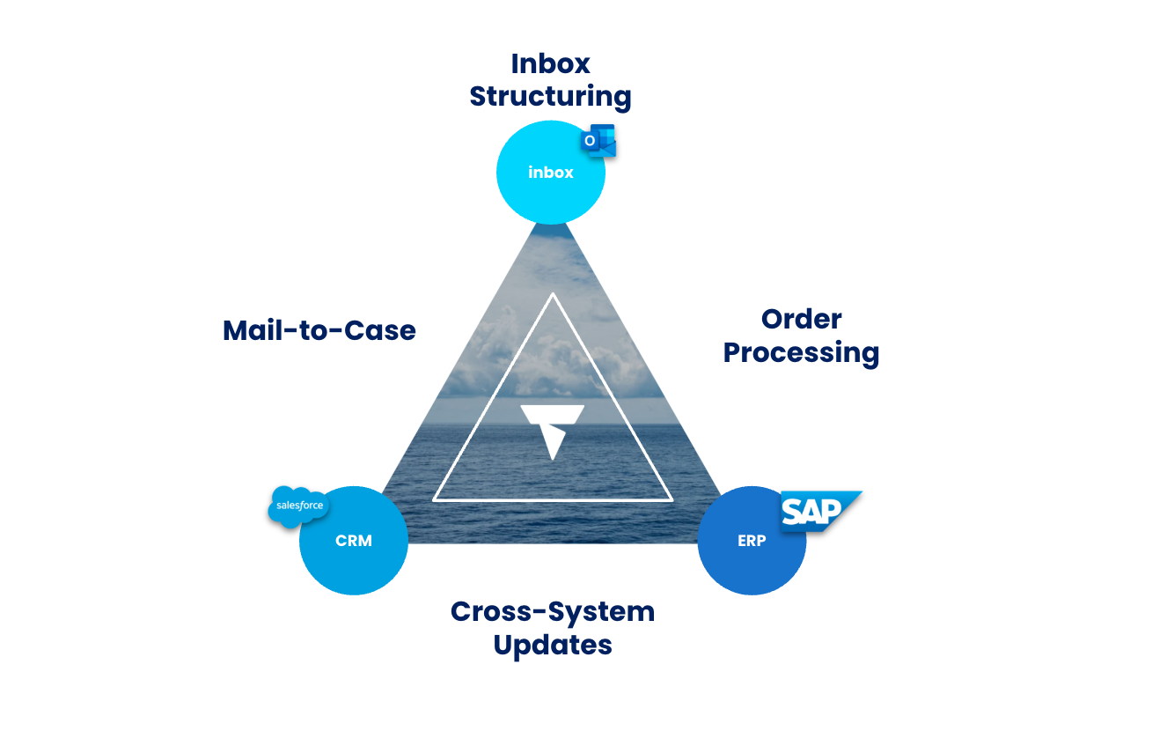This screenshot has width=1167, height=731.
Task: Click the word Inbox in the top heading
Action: pyautogui.click(x=551, y=63)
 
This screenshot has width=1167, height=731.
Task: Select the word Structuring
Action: pyautogui.click(x=551, y=96)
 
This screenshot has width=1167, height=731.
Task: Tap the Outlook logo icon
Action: pyautogui.click(x=598, y=141)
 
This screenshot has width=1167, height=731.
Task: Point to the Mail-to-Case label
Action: pyautogui.click(x=319, y=330)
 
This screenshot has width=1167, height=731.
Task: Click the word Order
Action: pyautogui.click(x=802, y=319)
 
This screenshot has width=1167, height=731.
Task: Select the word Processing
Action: pyautogui.click(x=802, y=352)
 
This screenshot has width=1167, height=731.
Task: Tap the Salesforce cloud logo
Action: pyautogui.click(x=299, y=506)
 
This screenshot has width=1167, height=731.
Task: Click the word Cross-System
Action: pyautogui.click(x=553, y=611)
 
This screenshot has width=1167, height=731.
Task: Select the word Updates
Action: pyautogui.click(x=553, y=645)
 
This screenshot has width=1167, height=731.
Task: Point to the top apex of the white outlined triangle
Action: pyautogui.click(x=553, y=294)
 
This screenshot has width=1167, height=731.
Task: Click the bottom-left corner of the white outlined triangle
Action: pyautogui.click(x=435, y=500)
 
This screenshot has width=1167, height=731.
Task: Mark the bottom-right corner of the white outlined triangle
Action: pyautogui.click(x=672, y=500)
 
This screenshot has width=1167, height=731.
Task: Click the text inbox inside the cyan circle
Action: pyautogui.click(x=551, y=173)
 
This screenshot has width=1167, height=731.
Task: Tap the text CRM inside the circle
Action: pyautogui.click(x=354, y=541)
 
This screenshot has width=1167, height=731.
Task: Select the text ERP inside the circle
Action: pyautogui.click(x=752, y=541)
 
